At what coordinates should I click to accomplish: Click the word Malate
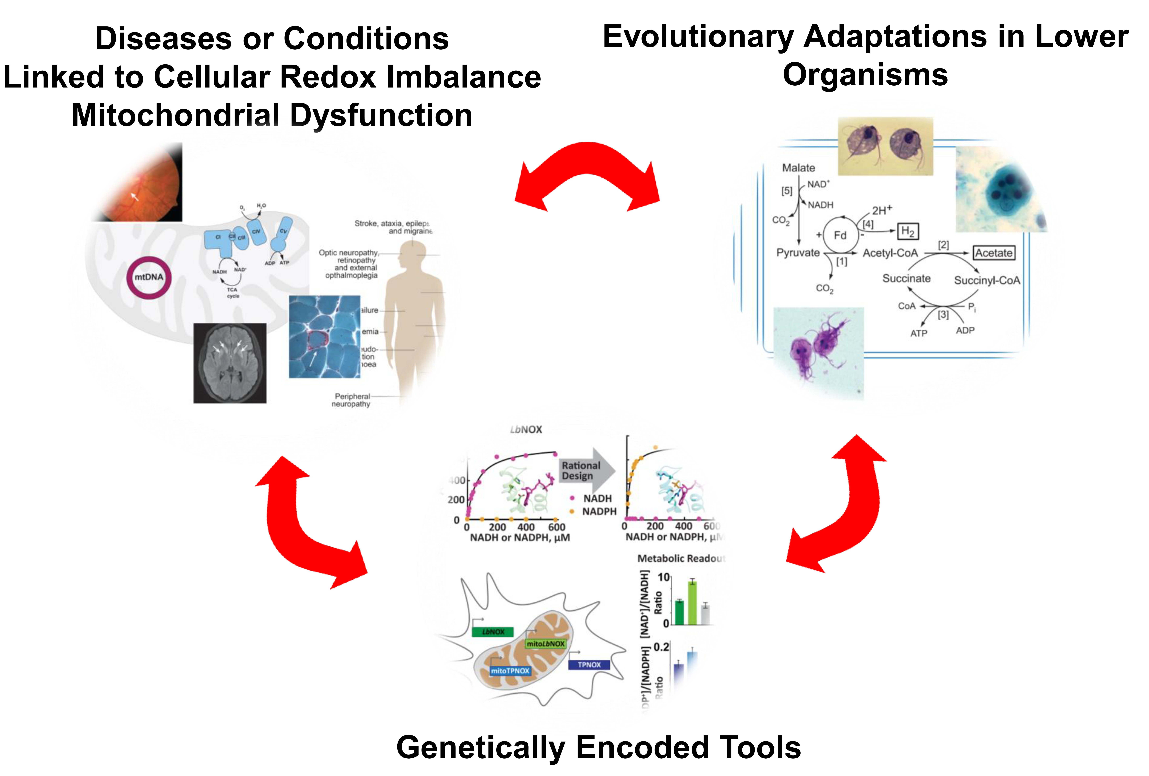click(x=798, y=168)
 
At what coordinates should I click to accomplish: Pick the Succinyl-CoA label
click(x=987, y=281)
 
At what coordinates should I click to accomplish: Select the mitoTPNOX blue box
click(x=510, y=671)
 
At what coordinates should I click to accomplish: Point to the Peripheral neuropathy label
click(x=352, y=400)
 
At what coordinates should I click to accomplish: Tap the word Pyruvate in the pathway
click(x=797, y=253)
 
